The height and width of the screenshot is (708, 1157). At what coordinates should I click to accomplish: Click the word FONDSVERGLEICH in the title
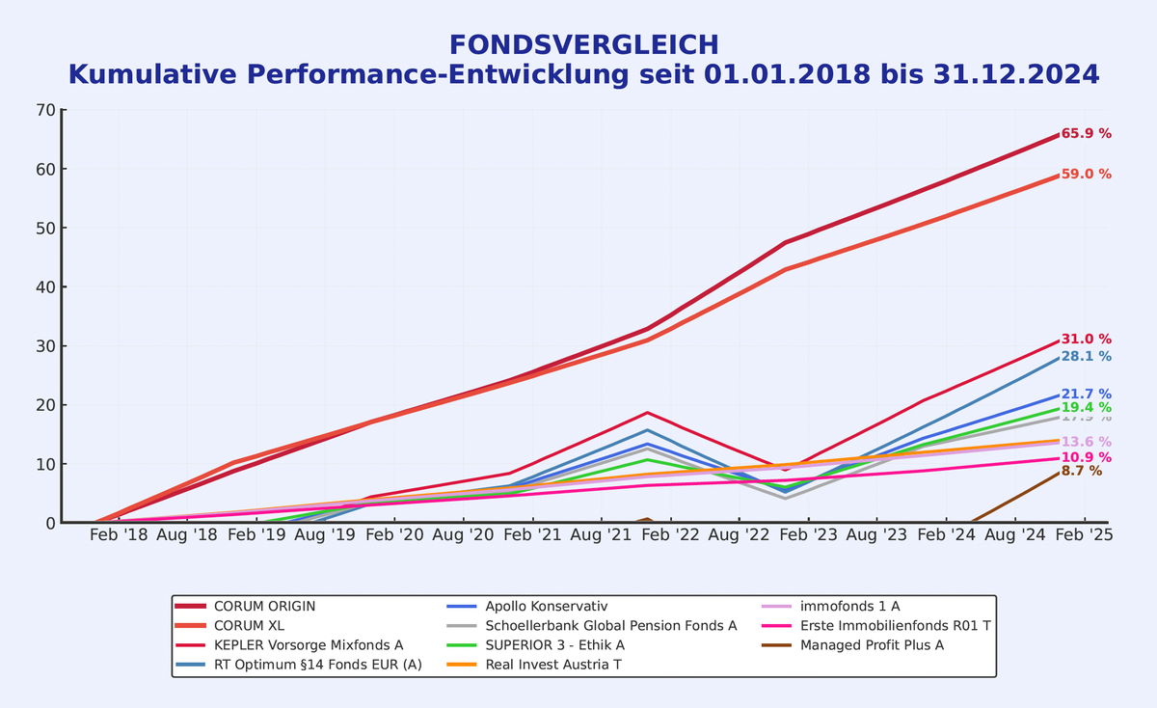(x=583, y=44)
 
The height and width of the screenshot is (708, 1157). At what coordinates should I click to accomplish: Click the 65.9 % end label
(x=1086, y=134)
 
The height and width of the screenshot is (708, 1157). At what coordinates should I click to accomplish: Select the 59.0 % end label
(x=1086, y=175)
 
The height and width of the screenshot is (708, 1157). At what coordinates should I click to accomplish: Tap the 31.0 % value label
(x=1086, y=340)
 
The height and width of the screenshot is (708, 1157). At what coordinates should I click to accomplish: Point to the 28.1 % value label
(x=1086, y=356)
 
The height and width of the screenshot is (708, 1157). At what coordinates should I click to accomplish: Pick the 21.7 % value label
(x=1086, y=395)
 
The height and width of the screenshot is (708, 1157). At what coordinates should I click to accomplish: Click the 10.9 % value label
(x=1086, y=457)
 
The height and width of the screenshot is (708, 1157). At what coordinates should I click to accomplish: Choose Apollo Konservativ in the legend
(x=546, y=606)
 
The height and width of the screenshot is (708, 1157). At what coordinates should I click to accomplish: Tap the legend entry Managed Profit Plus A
(x=872, y=644)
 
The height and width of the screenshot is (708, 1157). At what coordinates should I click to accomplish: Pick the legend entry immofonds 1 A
(x=849, y=606)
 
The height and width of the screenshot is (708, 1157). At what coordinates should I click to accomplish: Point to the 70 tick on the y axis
(x=44, y=110)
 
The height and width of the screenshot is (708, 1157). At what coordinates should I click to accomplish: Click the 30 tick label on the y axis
(x=44, y=346)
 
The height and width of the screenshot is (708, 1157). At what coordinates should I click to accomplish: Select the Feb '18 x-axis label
(x=120, y=534)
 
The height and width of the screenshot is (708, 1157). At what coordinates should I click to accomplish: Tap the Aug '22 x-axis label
(x=740, y=534)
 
